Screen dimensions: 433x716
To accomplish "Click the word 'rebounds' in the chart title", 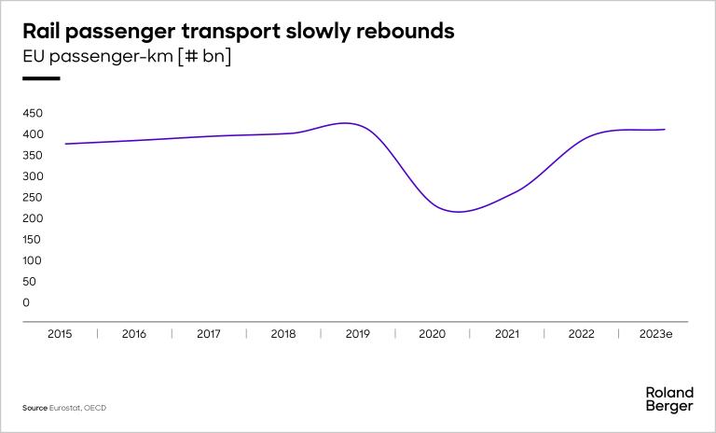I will point(406,31).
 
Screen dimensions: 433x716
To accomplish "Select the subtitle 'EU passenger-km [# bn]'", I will point(127,57).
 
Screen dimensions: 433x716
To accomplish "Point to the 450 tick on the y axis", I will point(33,113).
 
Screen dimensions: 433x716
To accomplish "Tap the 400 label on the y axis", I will point(33,134).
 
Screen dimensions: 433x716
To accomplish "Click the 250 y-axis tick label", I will point(33,197).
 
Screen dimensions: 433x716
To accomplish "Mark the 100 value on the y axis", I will point(33,260).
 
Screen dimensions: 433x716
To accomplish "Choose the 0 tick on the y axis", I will point(27,302).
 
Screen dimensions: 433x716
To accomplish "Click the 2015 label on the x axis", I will point(60,333).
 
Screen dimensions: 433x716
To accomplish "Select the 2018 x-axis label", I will point(283,333).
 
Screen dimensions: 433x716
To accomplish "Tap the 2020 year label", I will point(433,333).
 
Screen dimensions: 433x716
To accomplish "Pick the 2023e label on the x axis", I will point(654,333).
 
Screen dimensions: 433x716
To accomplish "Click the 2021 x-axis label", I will point(507,333).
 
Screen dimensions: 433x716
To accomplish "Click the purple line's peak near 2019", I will point(347,123).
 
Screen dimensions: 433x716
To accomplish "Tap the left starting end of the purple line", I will point(65,144).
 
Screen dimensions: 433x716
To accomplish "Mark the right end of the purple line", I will point(664,130).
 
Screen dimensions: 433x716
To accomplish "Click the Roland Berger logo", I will point(668,399).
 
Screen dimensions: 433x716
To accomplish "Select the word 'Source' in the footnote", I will point(34,408).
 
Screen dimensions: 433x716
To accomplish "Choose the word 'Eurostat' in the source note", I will point(64,408).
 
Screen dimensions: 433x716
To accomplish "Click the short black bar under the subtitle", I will point(41,78).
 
